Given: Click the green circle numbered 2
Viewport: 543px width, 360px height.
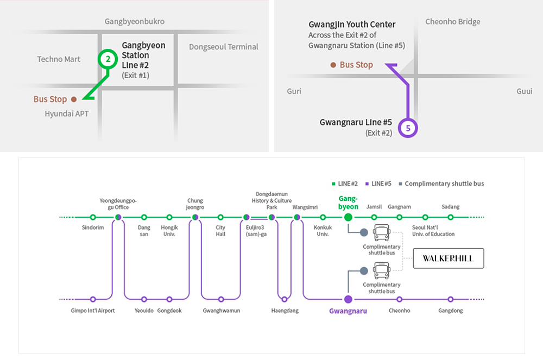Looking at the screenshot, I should tap(108, 60).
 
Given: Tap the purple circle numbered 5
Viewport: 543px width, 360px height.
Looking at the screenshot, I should tap(408, 128).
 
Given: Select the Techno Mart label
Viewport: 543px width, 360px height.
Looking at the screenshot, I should tap(59, 59).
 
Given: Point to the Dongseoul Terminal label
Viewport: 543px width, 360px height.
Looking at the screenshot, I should tap(224, 47).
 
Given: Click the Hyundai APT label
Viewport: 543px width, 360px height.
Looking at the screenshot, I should tap(66, 114).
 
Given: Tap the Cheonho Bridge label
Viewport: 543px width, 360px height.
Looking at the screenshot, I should tap(453, 22).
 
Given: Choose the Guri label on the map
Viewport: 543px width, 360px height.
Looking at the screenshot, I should tap(294, 92).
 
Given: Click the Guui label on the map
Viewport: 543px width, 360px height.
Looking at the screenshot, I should tap(524, 92).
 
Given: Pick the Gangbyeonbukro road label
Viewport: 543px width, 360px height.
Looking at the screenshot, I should tap(135, 22).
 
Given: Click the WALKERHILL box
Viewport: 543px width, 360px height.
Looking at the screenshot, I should tap(449, 259).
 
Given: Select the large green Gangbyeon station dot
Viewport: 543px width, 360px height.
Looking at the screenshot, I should tap(348, 217).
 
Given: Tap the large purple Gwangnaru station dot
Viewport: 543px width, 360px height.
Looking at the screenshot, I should tap(348, 299).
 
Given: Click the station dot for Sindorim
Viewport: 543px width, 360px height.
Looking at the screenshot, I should tap(93, 217).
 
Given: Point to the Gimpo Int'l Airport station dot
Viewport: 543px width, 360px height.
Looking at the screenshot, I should tap(93, 299).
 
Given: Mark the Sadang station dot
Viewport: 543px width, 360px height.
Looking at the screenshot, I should tap(451, 217).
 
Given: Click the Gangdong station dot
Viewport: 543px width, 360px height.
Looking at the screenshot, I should tap(451, 299).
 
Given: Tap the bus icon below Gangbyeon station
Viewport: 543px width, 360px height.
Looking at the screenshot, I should tap(382, 233).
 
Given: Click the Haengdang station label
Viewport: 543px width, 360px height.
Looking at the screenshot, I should tap(285, 311).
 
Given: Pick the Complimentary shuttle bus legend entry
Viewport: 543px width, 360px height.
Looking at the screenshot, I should tap(441, 184).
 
